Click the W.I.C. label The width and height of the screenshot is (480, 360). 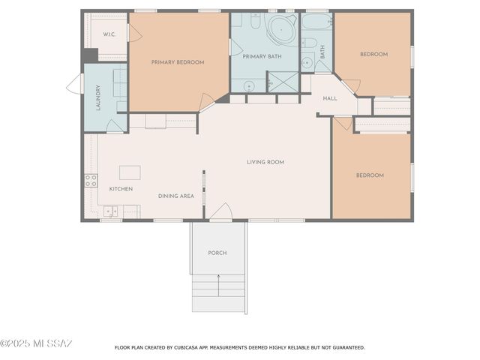pos(109,34)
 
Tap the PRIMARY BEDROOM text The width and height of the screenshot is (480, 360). pos(178,62)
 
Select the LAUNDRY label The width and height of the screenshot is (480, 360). pos(98,97)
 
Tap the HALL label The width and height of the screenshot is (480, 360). pos(330,98)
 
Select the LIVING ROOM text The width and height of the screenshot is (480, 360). pos(265,162)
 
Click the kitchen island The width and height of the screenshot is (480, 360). pos(130,172)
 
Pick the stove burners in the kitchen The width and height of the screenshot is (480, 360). pos(91,180)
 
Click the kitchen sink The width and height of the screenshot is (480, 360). pos(110,211)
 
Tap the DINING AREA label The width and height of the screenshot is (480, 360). pos(176,196)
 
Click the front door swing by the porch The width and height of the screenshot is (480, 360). pos(220,213)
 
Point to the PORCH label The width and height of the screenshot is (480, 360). pos(217,253)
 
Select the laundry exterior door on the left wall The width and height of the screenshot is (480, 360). pos(76,85)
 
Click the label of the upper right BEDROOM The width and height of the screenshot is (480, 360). pos(373,54)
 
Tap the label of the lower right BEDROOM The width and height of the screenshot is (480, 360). pos(370,175)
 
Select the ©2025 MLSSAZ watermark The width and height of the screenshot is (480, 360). pos(36,343)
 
